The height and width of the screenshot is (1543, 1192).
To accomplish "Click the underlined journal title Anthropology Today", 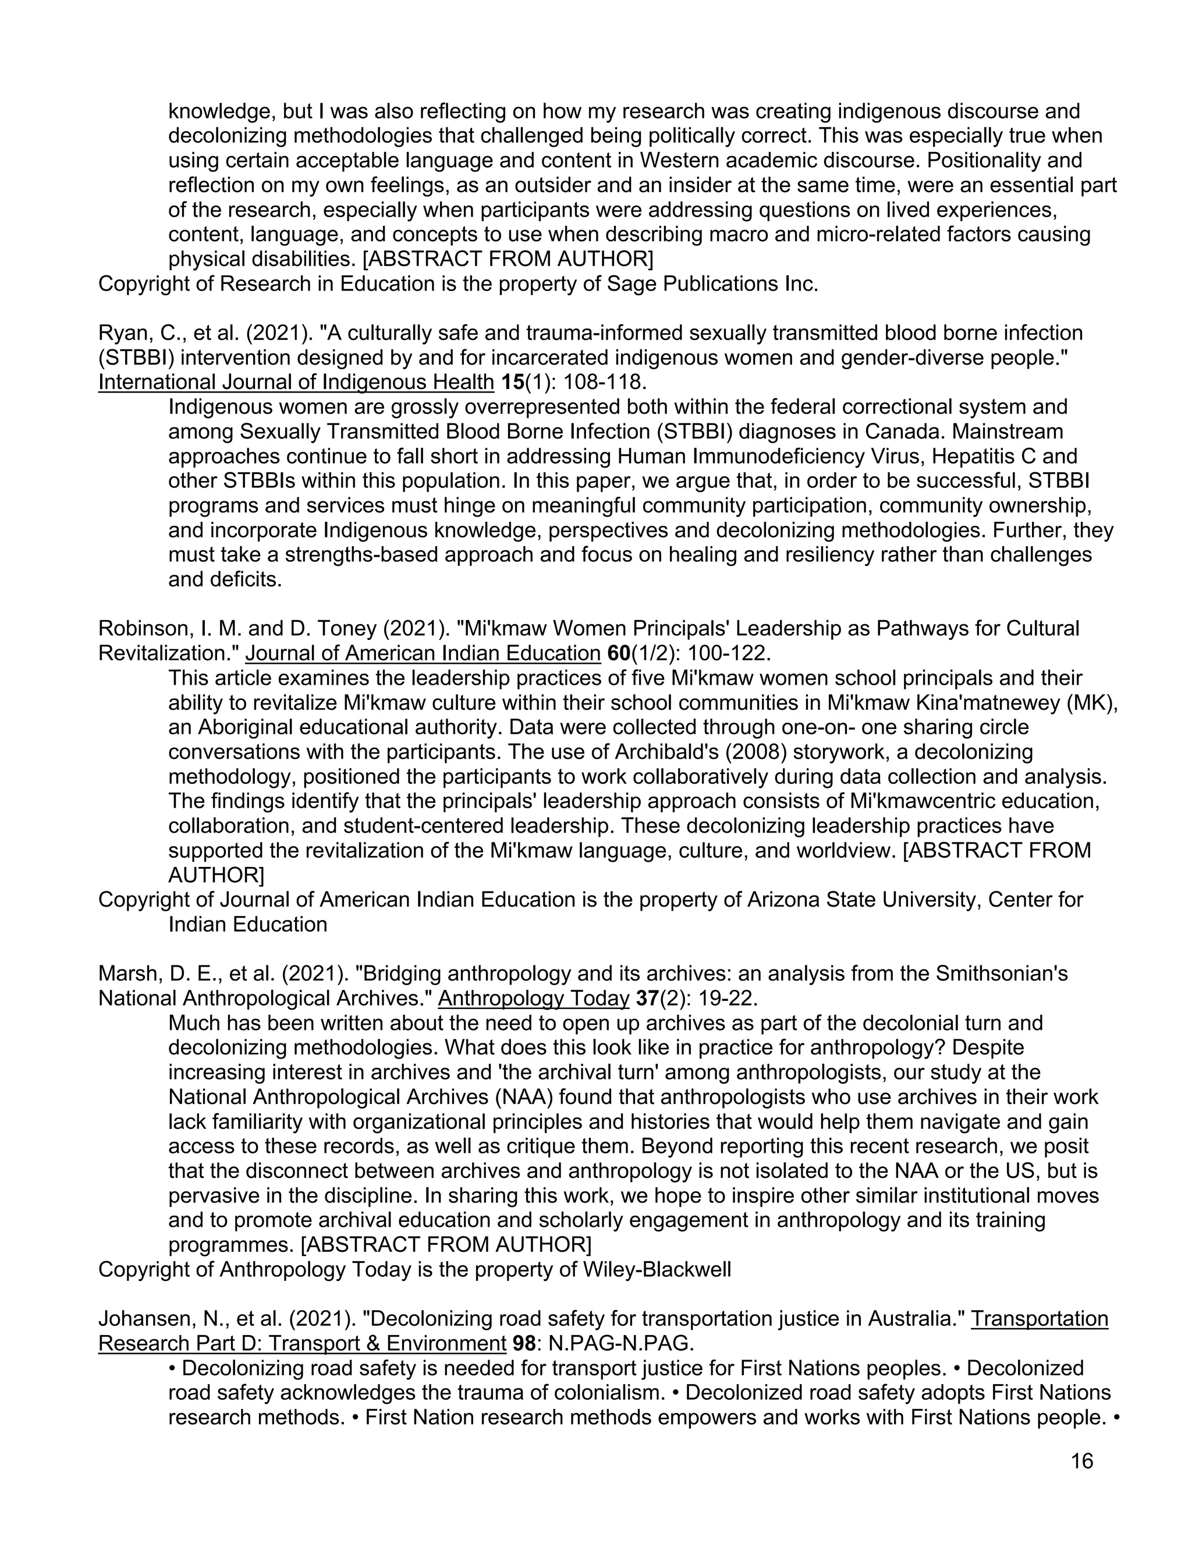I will [533, 998].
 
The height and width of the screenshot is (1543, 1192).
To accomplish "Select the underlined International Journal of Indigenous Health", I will [296, 382].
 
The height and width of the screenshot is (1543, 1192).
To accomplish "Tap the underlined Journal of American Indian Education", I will [423, 653].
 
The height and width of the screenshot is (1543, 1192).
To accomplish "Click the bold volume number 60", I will [618, 653].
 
